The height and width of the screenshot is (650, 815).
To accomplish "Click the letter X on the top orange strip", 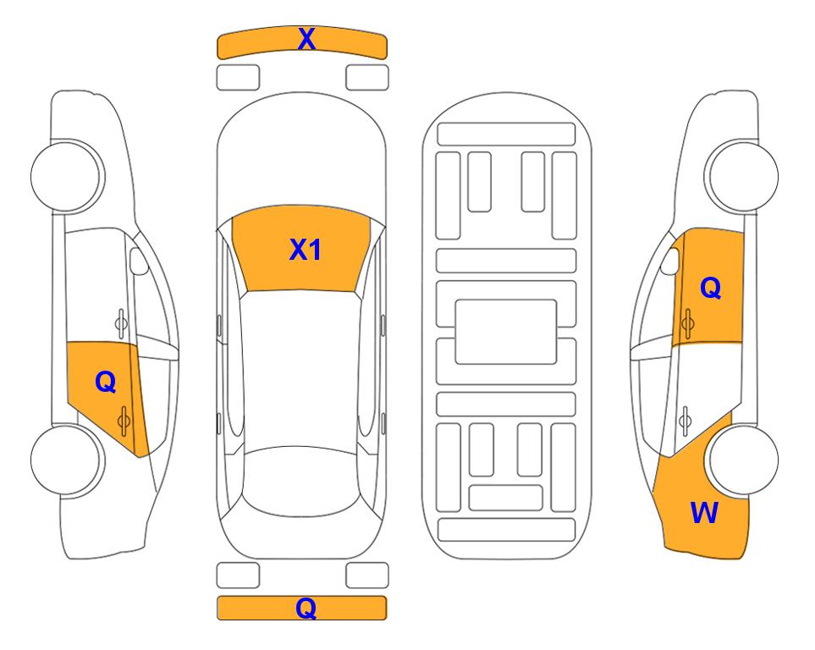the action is (x=306, y=39).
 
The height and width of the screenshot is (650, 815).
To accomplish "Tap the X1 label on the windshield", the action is (x=306, y=250).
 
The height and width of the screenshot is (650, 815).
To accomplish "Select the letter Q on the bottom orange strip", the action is (x=306, y=608).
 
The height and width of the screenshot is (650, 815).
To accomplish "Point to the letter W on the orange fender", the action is (x=704, y=513).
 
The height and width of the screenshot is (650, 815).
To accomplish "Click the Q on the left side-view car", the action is (x=106, y=383).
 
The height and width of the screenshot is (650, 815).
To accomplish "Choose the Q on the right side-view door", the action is (x=711, y=288).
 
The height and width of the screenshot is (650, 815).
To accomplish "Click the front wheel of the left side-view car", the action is (x=66, y=176).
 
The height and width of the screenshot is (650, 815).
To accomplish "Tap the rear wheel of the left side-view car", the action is (x=66, y=460).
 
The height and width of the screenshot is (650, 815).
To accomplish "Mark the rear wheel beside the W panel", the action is (x=743, y=460).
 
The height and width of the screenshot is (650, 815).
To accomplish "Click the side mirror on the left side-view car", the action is (x=138, y=261).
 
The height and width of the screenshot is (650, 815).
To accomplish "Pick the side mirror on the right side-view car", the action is (x=670, y=261).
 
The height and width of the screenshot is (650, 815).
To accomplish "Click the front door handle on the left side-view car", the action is (x=121, y=323).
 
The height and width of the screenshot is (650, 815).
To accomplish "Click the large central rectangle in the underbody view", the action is (x=506, y=332).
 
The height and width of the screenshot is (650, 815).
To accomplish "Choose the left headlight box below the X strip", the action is (x=238, y=78).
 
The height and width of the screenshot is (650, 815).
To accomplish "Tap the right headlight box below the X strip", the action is (x=367, y=78).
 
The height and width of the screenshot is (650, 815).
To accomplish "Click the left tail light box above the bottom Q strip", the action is (x=238, y=576).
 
